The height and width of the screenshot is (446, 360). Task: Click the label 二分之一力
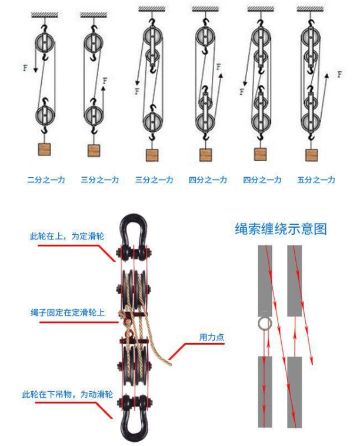[45, 179]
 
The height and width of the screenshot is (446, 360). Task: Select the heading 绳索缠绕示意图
[280, 229]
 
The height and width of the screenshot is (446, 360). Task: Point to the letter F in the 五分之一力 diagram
[339, 74]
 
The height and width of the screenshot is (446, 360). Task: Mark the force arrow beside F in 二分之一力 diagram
[35, 62]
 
